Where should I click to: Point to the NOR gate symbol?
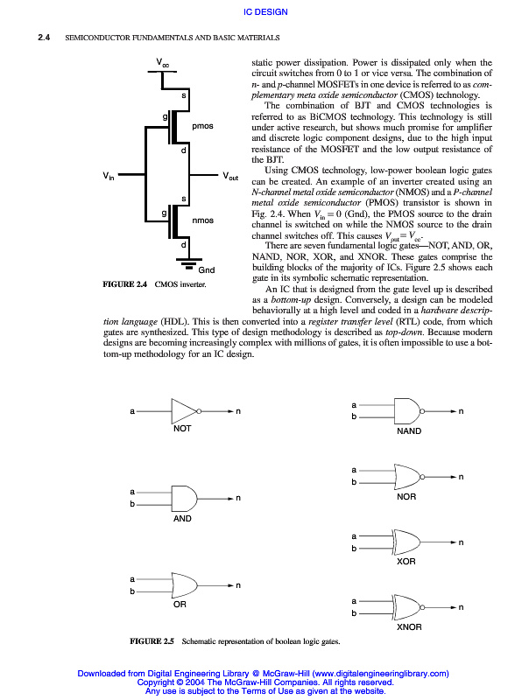point(407,475)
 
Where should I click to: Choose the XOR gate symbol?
point(407,541)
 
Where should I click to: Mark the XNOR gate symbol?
point(407,606)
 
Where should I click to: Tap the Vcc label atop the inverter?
point(162,62)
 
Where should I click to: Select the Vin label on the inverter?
point(109,176)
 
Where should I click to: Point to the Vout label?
point(230,176)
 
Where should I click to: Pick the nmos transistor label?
point(202,220)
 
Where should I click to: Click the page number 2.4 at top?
point(42,38)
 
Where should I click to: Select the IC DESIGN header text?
point(264,11)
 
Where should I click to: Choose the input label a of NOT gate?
point(132,410)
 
